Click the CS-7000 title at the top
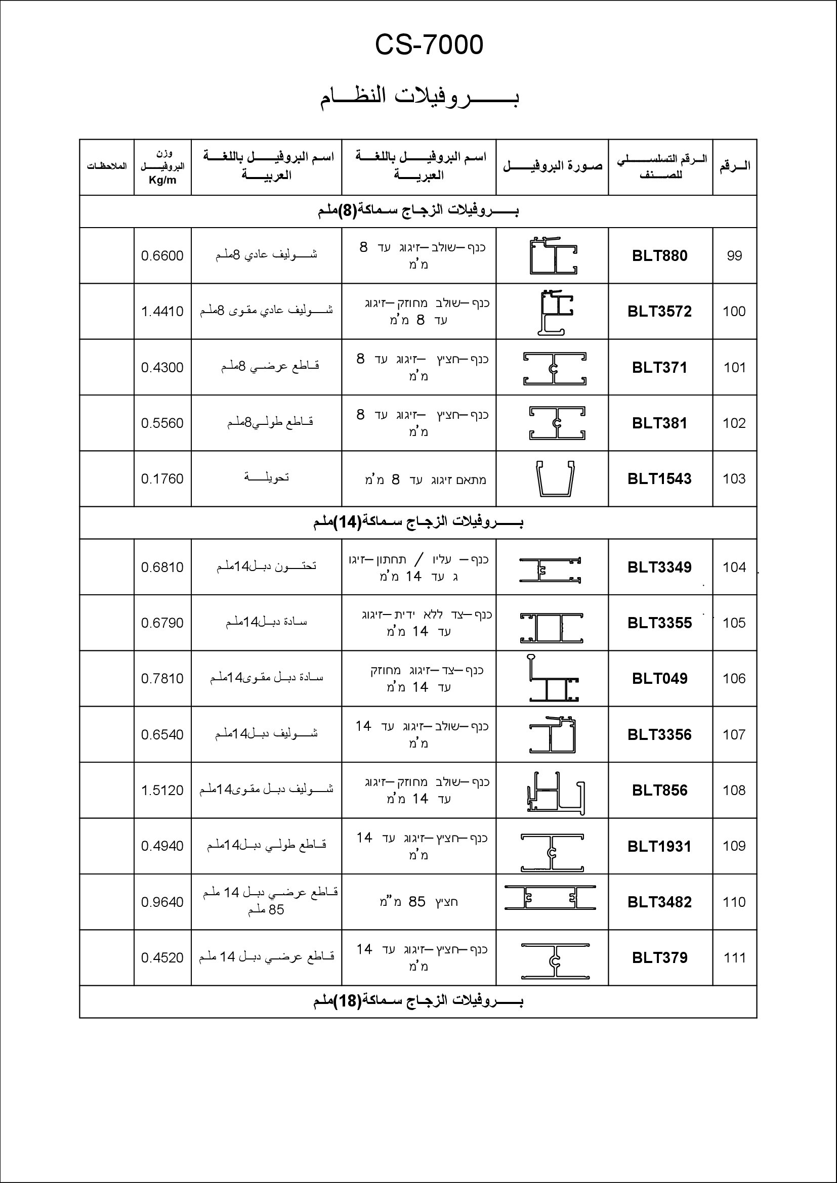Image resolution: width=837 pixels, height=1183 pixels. coord(429,46)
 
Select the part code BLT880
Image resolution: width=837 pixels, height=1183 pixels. coord(660,256)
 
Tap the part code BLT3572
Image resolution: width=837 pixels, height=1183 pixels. coord(660,312)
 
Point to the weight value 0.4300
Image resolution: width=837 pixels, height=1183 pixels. coord(162,368)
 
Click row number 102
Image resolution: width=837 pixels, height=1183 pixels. coord(734,423)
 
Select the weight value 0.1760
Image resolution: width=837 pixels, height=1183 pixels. coord(162,479)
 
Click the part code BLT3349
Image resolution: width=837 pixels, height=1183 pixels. coord(660,567)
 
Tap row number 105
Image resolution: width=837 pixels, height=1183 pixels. coord(734,623)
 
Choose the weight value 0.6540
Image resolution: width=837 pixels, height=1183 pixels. coord(162,735)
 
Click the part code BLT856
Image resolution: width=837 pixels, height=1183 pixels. coord(660,791)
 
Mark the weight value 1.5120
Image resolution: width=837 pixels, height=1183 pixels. coord(162,791)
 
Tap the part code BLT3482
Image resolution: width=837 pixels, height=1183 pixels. coord(660,902)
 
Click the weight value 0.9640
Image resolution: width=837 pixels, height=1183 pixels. coord(162,902)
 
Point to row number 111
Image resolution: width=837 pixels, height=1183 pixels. coord(734,958)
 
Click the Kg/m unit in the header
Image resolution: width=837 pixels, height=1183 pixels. coord(162,181)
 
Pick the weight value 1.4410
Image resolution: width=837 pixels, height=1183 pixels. coord(162,312)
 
